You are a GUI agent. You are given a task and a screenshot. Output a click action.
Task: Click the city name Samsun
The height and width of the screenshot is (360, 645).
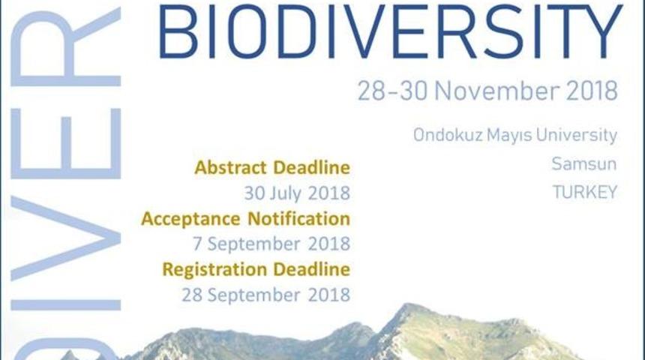(x=584, y=163)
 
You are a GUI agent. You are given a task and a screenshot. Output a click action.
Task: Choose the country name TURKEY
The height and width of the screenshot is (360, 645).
(x=584, y=192)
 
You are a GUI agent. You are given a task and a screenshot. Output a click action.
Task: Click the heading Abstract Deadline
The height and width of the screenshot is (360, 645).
(x=272, y=167)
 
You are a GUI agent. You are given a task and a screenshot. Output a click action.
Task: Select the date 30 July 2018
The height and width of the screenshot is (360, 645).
(x=297, y=193)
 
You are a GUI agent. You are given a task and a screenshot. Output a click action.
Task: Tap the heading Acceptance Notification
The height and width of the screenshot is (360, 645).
(x=245, y=218)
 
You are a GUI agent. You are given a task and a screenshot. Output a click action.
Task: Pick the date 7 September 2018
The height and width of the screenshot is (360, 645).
(x=271, y=244)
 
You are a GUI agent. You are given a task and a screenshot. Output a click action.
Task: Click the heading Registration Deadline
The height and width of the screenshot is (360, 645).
(x=256, y=270)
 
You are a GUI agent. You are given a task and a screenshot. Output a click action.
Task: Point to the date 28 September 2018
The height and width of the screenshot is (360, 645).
(x=265, y=295)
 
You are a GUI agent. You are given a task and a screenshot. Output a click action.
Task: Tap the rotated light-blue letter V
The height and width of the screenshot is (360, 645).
(x=65, y=238)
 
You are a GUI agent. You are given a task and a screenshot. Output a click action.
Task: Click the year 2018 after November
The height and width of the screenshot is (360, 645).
(x=592, y=91)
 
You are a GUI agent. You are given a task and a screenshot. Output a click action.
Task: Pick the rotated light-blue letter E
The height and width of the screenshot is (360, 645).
(x=65, y=143)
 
